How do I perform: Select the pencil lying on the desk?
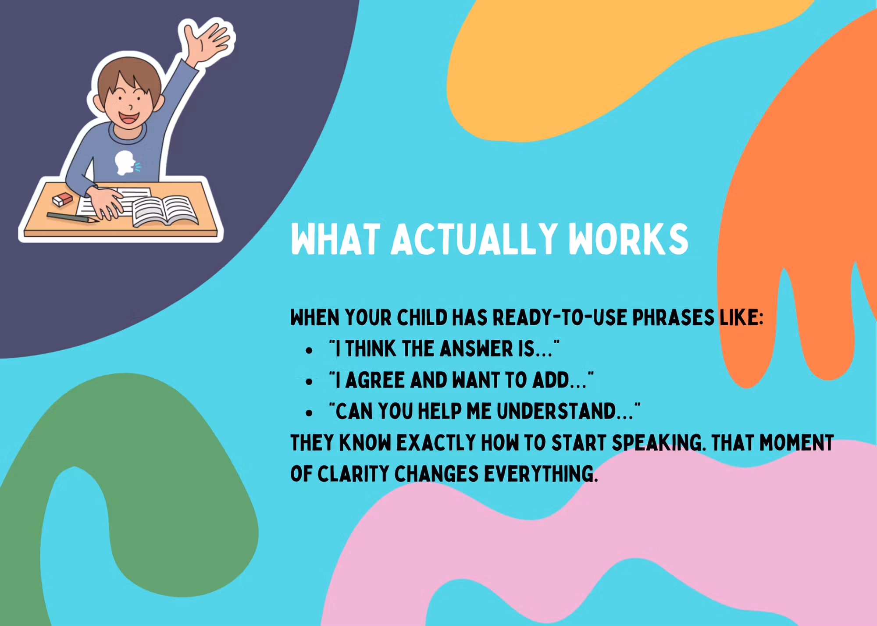point(73,218)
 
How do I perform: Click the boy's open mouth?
point(129,118)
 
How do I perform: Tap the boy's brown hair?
point(127,79)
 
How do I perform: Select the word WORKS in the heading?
point(628,239)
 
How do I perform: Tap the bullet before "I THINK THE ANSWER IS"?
point(310,351)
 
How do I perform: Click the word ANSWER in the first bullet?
point(476,349)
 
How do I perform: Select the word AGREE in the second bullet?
point(374,380)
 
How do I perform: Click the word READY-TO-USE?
point(560,317)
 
